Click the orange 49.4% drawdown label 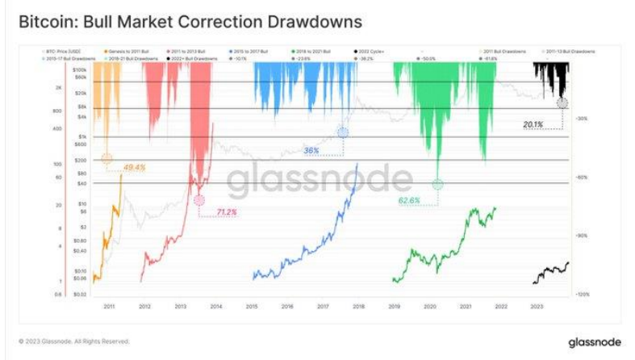point(133,168)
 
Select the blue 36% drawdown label point(312,150)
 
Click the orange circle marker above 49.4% point(107,160)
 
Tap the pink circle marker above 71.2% point(199,201)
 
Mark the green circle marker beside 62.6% point(437,184)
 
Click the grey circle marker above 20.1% point(562,103)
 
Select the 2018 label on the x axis point(358,307)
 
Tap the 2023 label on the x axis point(536,307)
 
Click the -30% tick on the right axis point(582,118)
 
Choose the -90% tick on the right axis point(582,236)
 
